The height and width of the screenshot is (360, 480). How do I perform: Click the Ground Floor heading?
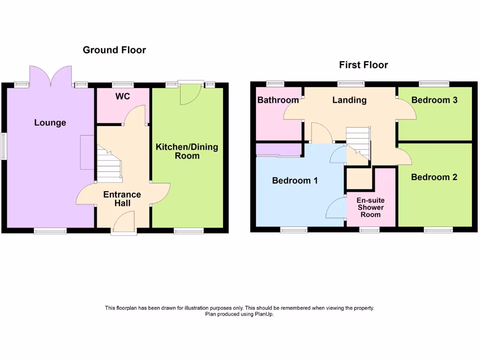coord(114,50)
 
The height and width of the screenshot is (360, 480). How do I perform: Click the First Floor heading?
coord(363,65)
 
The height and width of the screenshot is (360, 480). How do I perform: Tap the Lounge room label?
coord(50,123)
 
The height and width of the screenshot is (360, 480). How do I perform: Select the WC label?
coord(122,97)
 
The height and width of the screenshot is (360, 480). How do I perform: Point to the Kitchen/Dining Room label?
coord(187,151)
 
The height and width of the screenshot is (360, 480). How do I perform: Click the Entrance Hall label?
coord(122,199)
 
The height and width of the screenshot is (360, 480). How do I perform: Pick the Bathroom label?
coord(278,100)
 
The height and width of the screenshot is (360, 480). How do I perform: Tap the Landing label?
coord(349,100)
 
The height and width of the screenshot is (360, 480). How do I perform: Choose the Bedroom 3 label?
coord(434,100)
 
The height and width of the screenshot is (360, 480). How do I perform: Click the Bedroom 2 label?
coord(434,177)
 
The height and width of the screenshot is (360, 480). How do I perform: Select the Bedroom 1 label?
coord(295,180)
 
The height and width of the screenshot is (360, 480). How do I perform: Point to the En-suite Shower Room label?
coord(370,207)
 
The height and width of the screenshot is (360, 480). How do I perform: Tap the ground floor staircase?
coord(109,164)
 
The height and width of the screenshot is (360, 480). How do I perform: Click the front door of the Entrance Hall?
coord(124,222)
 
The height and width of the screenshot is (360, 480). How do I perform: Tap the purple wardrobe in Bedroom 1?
coord(278,150)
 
